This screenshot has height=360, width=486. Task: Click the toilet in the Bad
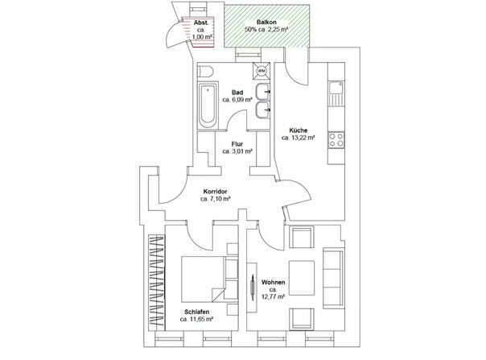[x=205, y=72]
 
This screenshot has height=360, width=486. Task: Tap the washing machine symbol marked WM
[x=262, y=71]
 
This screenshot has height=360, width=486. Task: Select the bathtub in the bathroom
[x=208, y=106]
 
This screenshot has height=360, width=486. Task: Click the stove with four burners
[x=336, y=139]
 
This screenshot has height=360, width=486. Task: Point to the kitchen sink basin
[x=336, y=88]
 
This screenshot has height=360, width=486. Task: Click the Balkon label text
[x=266, y=23]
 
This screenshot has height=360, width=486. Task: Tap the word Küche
[x=299, y=130]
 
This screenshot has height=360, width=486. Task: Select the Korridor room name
[x=215, y=192]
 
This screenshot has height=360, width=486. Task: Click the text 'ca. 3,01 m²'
[x=237, y=151]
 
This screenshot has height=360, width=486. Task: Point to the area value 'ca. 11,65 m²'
[x=196, y=319]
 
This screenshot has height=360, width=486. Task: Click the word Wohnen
[x=273, y=283]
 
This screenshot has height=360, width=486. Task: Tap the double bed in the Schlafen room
[x=209, y=279]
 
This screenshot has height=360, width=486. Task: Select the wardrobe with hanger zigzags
[x=157, y=283]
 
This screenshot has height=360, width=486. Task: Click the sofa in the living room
[x=333, y=278]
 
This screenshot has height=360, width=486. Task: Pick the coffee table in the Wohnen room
[x=301, y=278]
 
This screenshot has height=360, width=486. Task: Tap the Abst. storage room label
[x=200, y=23]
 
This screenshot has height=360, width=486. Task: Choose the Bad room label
[x=237, y=92]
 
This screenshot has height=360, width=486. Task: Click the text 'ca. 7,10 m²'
[x=215, y=199]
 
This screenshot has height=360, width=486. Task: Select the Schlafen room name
[x=196, y=312]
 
